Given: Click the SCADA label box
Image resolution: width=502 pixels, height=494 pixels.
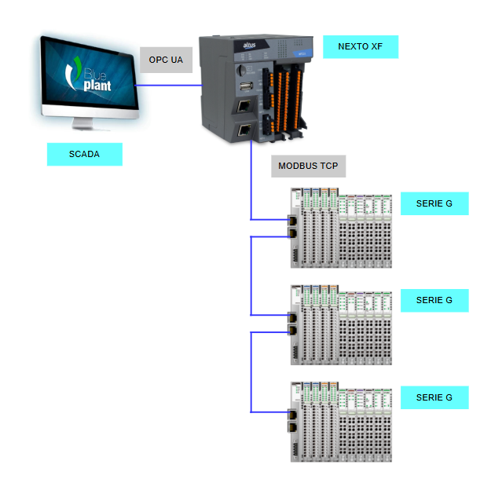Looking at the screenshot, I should point(85,154).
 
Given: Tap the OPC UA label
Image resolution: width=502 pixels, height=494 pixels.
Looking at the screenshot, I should point(165,60).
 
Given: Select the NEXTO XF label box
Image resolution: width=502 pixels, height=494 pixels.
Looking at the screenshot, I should point(360,46).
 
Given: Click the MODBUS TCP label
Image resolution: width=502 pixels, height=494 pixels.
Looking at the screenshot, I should point(308,166).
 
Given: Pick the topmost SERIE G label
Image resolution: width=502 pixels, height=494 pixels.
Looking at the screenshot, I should point(434,203).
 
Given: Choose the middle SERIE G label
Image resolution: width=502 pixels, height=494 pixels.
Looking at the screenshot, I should point(434,300).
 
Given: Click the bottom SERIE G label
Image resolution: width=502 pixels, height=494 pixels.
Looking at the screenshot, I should point(434,397).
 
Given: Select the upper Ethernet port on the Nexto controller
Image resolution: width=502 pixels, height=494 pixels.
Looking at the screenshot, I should point(245,105).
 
